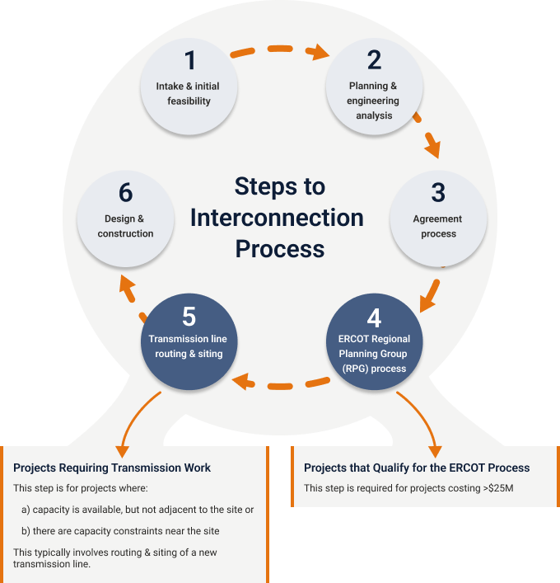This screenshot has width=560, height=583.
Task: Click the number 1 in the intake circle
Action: point(190,60)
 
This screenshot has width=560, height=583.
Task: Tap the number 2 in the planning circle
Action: point(374,60)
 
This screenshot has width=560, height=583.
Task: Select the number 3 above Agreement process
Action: point(437,193)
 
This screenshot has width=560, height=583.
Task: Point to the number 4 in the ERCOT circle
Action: point(374,317)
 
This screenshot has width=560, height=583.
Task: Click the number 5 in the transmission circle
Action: point(189,316)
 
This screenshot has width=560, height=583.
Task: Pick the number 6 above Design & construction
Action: point(125,193)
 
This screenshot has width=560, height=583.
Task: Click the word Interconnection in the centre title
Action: point(277,218)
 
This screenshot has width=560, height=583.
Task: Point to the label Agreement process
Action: point(437,227)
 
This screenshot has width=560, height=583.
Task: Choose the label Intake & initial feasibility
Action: point(188,93)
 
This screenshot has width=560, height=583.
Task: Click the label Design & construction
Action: point(125,226)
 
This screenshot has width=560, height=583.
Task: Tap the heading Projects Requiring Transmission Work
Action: point(112,468)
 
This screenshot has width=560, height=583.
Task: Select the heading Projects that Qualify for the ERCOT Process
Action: point(417,468)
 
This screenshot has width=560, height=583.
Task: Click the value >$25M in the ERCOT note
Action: point(498,488)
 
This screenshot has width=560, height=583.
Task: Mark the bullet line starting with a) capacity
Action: point(138,510)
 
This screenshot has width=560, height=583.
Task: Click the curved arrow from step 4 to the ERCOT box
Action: point(422,416)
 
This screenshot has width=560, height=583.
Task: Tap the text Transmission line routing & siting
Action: point(189,346)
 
